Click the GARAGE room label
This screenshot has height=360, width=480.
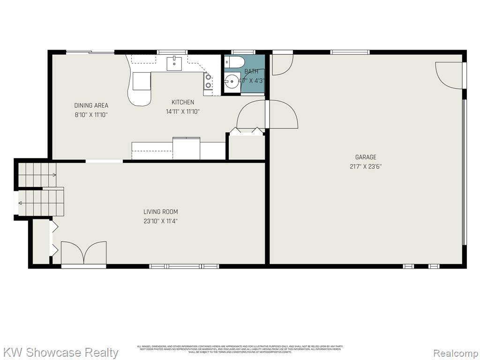[365, 157]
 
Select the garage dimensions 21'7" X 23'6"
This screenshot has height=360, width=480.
[365, 166]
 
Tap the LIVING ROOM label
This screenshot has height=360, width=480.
[160, 212]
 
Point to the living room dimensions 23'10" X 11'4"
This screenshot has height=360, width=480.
[160, 221]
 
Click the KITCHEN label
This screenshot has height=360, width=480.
[182, 102]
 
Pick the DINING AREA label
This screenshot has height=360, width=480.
[91, 105]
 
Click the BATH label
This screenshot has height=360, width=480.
[251, 72]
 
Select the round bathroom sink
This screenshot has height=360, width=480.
[232, 83]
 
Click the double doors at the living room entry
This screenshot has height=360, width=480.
[83, 253]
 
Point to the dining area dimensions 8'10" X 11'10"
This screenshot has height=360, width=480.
[91, 114]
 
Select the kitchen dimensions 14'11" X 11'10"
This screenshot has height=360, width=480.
[182, 112]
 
